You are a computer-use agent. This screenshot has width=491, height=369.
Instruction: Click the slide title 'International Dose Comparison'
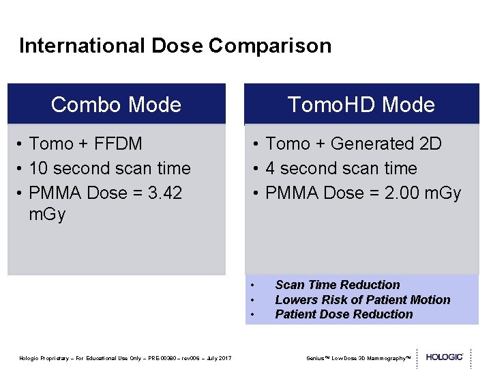(175, 46)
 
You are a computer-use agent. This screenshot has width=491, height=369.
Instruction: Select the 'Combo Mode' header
(116, 105)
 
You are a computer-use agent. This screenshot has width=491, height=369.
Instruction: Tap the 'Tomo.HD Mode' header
(361, 105)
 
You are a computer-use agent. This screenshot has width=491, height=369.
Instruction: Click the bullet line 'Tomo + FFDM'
(85, 143)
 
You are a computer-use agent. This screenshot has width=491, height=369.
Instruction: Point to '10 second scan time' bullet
(109, 168)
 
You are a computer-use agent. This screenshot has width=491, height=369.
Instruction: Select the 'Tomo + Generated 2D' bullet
(353, 143)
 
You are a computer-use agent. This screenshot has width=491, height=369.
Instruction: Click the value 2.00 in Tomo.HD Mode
(396, 193)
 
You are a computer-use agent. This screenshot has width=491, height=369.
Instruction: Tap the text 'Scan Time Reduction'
(337, 285)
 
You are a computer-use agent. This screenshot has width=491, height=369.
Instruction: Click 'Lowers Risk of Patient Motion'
(362, 300)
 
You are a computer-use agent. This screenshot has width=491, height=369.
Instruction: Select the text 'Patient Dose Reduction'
(344, 314)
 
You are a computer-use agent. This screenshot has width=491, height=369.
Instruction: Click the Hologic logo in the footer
(444, 357)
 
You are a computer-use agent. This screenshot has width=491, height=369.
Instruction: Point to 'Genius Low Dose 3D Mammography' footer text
(357, 358)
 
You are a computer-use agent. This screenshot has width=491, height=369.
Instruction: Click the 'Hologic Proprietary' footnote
(125, 358)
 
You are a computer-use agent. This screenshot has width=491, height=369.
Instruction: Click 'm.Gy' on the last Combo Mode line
(47, 215)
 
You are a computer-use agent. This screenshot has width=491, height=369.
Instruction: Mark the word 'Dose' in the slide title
(178, 46)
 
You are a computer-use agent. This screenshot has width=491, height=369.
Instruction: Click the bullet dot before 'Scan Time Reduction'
(252, 285)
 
